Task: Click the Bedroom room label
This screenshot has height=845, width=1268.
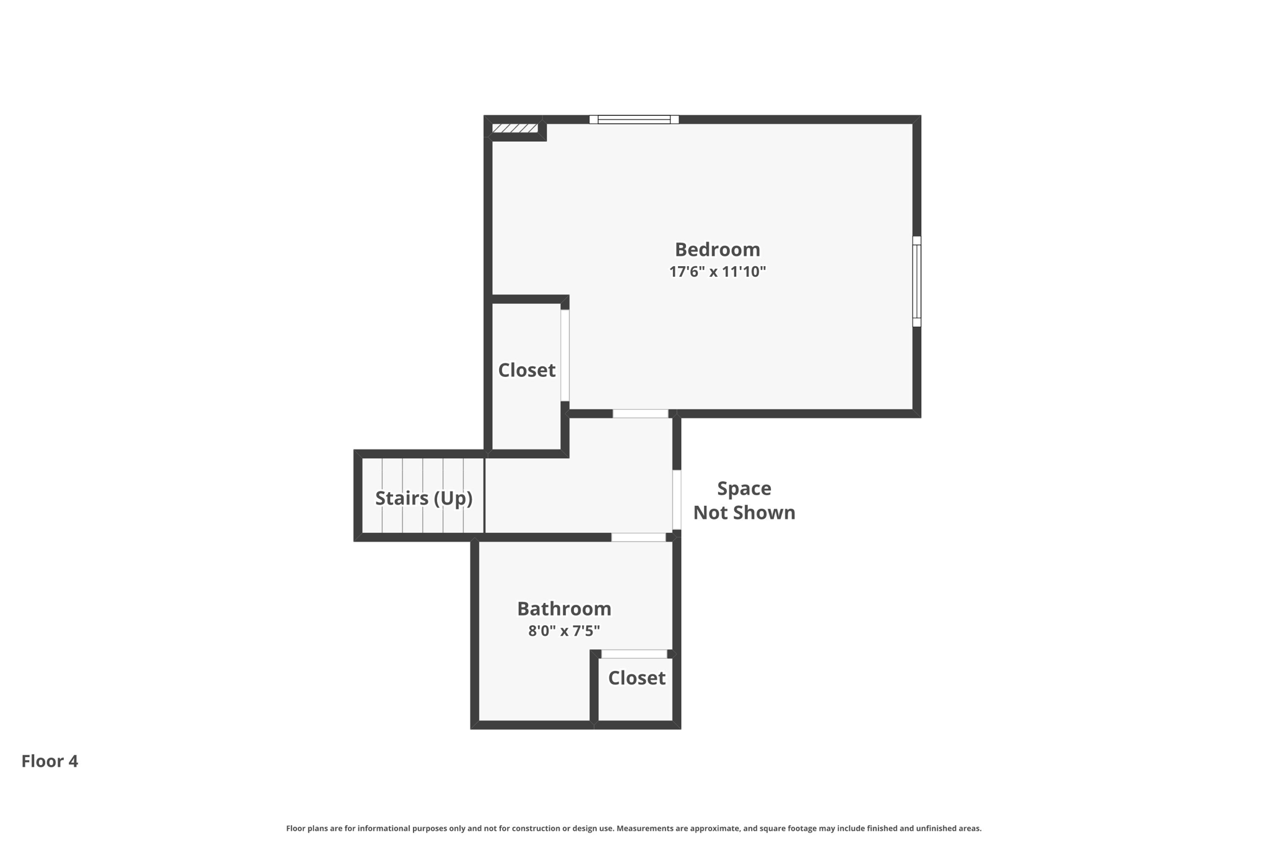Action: pos(717,249)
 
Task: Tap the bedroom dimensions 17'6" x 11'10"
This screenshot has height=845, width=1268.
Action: pos(717,272)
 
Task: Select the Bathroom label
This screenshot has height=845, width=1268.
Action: pos(564,609)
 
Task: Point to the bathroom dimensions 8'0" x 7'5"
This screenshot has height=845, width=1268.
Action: pos(564,631)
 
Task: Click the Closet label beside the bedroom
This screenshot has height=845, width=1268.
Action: pos(526,370)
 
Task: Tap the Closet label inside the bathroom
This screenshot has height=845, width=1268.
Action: pos(636,678)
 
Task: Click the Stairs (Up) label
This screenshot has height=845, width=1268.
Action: pos(423,498)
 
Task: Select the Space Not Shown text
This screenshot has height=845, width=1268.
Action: pos(744,500)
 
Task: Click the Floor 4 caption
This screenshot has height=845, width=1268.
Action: pos(50,761)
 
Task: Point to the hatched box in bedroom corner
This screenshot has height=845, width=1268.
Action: pos(515,128)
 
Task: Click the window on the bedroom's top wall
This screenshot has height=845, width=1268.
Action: pos(634,119)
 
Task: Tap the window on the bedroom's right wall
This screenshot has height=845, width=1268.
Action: pos(917,281)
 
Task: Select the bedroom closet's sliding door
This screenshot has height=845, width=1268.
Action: pos(565,355)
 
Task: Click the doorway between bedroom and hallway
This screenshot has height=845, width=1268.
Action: pos(640,414)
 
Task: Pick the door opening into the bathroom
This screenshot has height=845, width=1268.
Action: pos(638,537)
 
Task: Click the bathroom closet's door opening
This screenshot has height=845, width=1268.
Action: pos(634,654)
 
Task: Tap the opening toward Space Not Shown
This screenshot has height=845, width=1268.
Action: pos(677,500)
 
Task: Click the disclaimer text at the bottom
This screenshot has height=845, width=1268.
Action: pos(633,828)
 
